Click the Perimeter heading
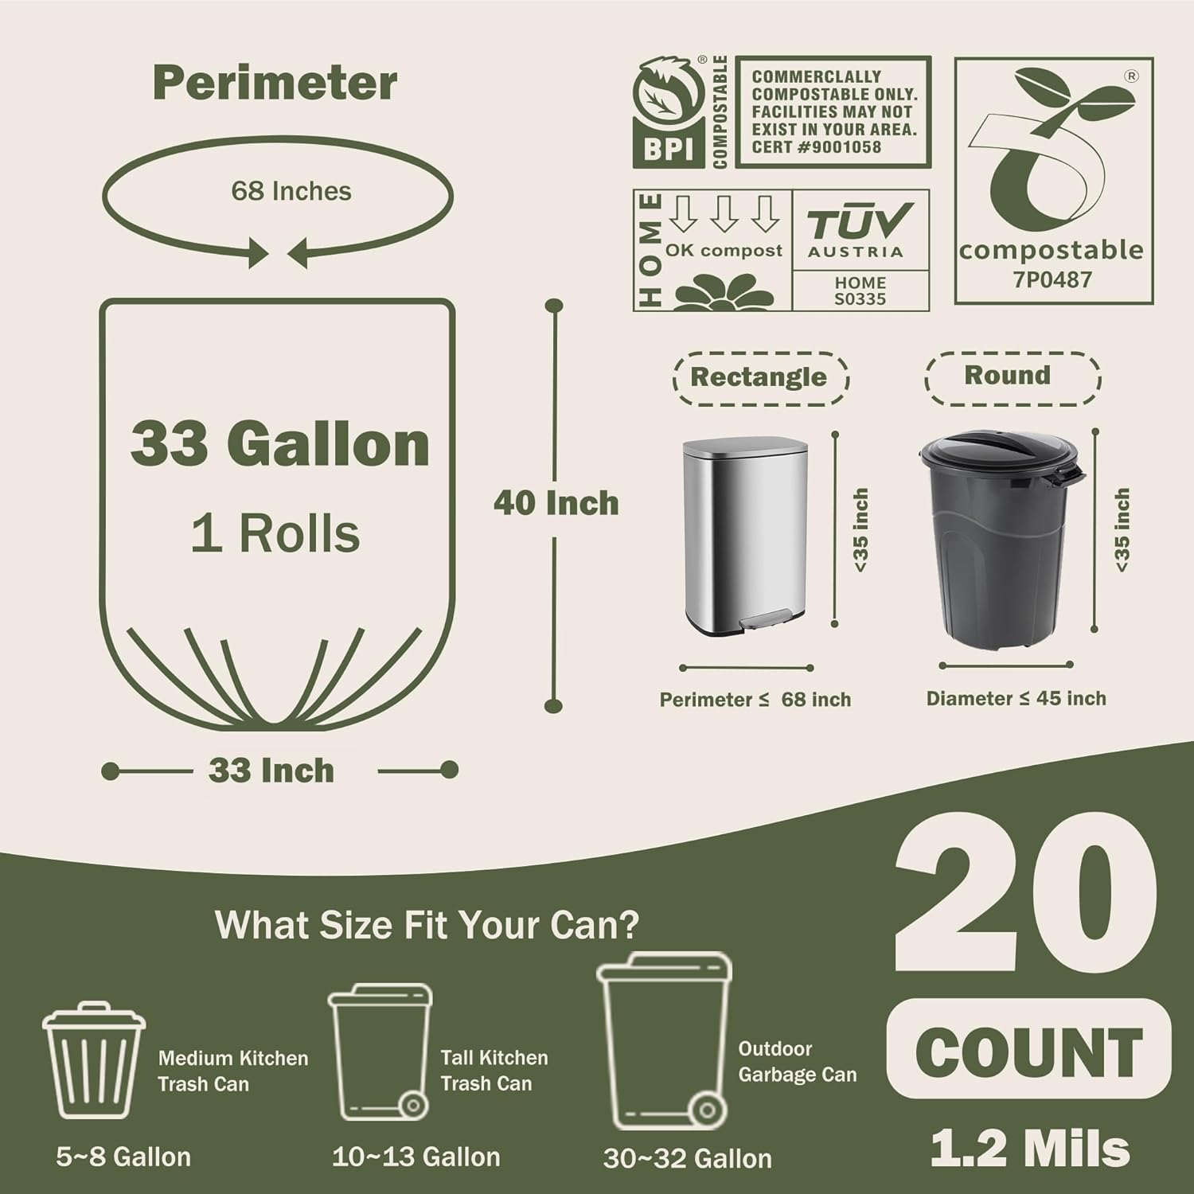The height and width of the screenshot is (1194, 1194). [x=275, y=83]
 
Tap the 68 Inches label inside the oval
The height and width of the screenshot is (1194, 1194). [x=291, y=191]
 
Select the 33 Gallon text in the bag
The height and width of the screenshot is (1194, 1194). [x=280, y=443]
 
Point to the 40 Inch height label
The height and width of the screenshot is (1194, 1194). [x=556, y=503]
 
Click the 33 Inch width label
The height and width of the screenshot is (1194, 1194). [x=271, y=771]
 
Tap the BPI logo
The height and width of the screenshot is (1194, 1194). [x=669, y=113]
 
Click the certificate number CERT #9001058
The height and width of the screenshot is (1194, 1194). [x=816, y=147]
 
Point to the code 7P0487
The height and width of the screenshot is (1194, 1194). [x=1052, y=279]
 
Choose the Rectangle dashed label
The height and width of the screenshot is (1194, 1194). [x=759, y=377]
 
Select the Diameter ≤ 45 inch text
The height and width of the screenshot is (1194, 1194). [x=1016, y=699]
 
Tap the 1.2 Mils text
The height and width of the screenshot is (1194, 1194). [x=1030, y=1149]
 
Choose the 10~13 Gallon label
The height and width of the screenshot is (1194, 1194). [x=416, y=1157]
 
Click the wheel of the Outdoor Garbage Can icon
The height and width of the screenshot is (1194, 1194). [x=705, y=1109]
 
